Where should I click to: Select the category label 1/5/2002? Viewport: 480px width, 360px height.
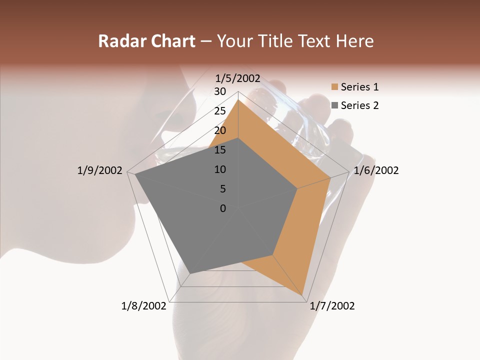point(238,78)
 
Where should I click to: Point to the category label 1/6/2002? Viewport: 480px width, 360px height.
point(376,170)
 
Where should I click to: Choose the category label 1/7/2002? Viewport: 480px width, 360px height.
point(332,306)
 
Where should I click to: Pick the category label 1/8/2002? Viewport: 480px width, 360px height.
point(144,306)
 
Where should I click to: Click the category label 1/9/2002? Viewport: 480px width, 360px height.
point(100,170)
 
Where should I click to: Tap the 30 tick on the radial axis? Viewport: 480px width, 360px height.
point(219,91)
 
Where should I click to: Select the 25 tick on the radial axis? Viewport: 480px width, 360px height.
point(219,111)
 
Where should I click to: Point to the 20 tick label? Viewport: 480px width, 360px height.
point(219,130)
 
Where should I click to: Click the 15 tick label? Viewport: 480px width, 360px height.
point(219,150)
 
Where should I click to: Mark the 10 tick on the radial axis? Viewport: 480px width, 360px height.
point(219,169)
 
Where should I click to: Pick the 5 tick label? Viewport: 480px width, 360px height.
point(222,189)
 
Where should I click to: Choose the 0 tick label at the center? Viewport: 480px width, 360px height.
point(222,208)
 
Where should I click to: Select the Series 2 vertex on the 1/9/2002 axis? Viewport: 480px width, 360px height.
point(135,174)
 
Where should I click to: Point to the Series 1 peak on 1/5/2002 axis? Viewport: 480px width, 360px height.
point(238,100)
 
